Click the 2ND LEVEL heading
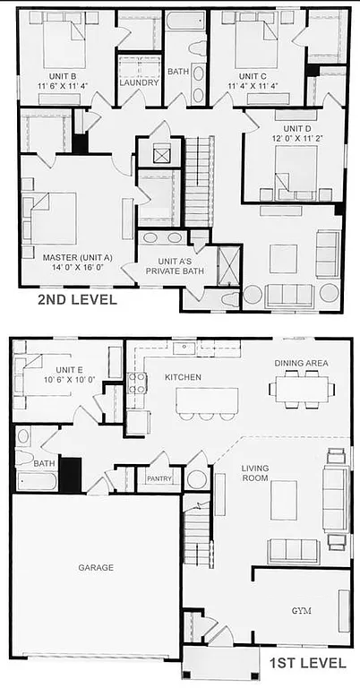click(77, 300)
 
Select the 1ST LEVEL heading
click(305, 663)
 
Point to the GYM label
click(303, 610)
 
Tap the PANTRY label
click(159, 479)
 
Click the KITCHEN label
click(184, 377)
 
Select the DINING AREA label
click(301, 363)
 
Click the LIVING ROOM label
click(254, 472)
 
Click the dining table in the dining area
click(301, 389)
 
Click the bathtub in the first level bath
click(36, 481)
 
